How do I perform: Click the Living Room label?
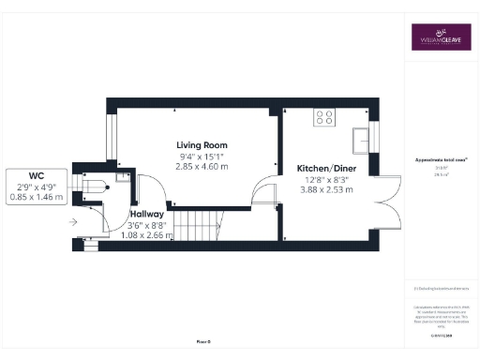[x=202, y=144]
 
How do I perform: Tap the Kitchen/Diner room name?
[x=324, y=168]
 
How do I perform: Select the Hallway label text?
[x=147, y=214]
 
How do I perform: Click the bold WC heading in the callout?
[x=37, y=175]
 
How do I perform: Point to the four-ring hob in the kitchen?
[x=325, y=117]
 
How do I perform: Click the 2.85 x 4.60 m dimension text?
[x=202, y=166]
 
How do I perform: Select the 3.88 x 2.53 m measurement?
[x=324, y=189]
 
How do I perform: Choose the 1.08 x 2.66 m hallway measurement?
[x=147, y=234]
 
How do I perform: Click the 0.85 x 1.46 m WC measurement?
[x=37, y=198]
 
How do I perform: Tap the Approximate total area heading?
[x=442, y=161]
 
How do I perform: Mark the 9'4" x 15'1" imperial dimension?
[x=202, y=156]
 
